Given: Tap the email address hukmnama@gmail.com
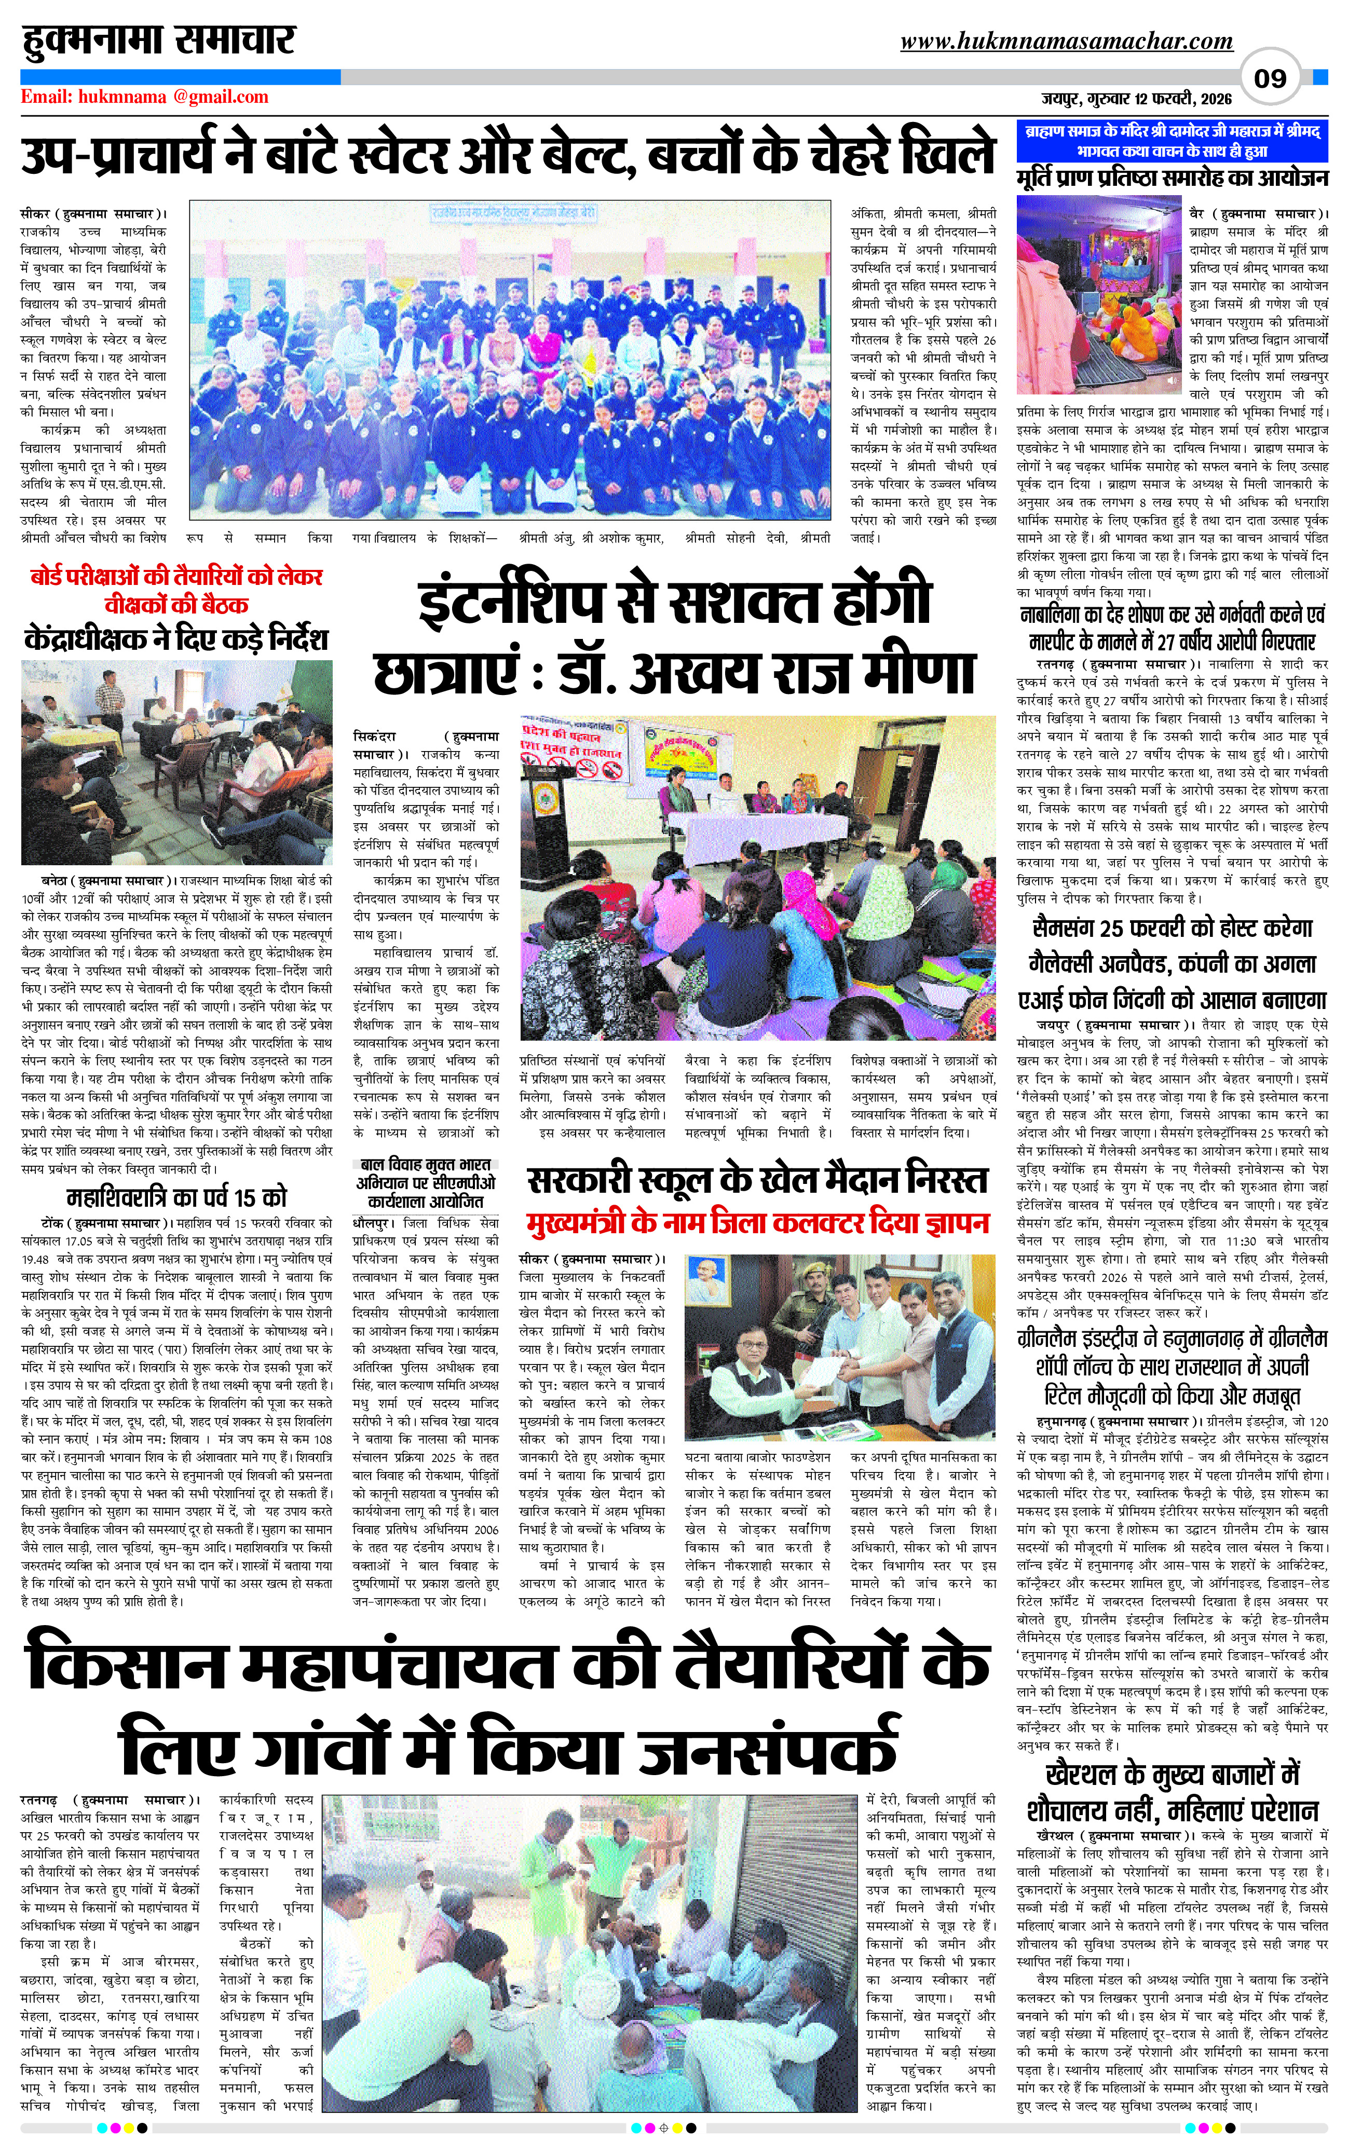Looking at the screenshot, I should [x=144, y=97].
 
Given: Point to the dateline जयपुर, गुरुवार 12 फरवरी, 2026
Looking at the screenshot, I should [x=1137, y=98].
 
